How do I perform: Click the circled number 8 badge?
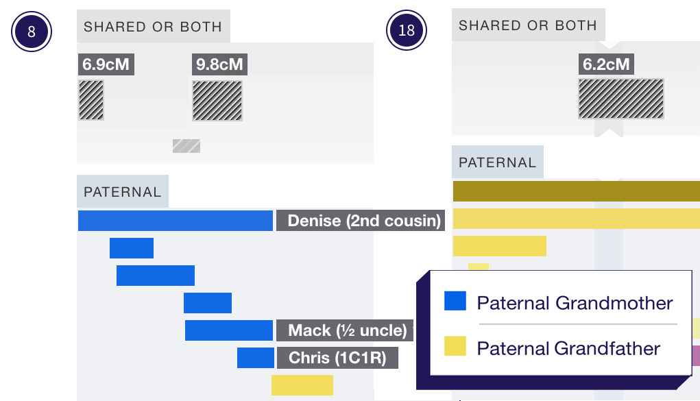tap(32, 32)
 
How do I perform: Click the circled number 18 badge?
tap(407, 30)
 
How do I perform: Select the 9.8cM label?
tap(219, 65)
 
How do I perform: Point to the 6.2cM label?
tap(605, 65)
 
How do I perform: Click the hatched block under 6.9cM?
tap(91, 100)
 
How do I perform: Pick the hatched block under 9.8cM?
tap(217, 101)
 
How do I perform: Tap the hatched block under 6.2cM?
tap(621, 99)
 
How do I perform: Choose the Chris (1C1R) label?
tap(337, 358)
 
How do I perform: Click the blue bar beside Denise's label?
tap(176, 221)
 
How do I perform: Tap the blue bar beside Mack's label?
tap(229, 330)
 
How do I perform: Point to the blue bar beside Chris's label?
tap(256, 358)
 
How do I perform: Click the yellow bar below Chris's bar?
tap(302, 385)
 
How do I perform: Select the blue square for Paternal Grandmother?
tap(455, 301)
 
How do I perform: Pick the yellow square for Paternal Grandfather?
tap(455, 347)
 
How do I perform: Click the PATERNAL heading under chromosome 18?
tap(497, 162)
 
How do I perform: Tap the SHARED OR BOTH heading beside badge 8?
tap(153, 27)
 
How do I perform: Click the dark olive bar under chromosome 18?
tap(576, 191)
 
